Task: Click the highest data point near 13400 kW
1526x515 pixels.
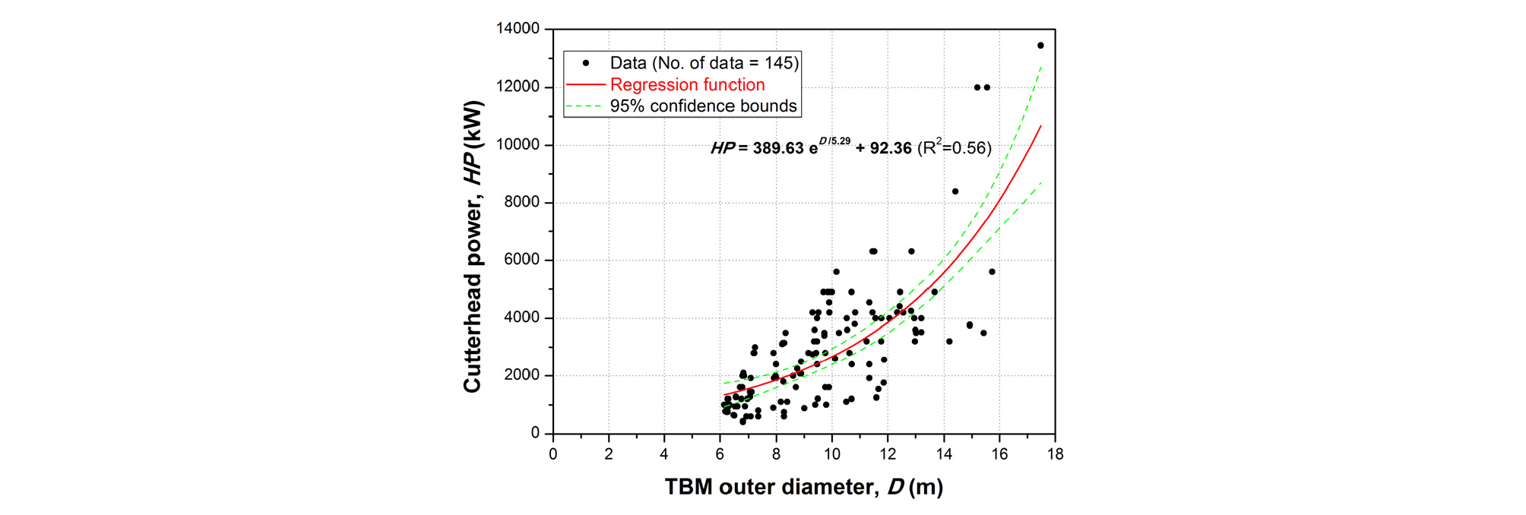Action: pos(1040,46)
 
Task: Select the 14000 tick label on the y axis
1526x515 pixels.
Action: pos(518,29)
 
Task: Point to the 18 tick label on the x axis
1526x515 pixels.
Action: pos(1055,454)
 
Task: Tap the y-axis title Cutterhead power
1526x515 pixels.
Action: pos(472,247)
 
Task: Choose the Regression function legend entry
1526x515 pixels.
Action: pos(687,84)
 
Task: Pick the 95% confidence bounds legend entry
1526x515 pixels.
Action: pos(703,106)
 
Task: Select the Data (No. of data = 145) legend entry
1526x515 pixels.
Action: pos(704,63)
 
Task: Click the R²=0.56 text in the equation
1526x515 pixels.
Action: pos(955,147)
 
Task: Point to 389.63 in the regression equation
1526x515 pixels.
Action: pos(777,148)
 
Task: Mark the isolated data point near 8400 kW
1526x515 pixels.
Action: pos(955,191)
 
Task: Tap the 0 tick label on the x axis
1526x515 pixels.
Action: pos(553,454)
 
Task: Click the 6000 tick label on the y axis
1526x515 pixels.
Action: pos(521,260)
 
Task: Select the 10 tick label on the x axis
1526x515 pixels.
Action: pos(831,454)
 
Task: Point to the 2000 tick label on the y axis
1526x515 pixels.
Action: pos(521,375)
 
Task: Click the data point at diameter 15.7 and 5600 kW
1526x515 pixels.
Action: pos(992,272)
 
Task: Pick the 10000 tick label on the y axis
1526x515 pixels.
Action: pos(518,144)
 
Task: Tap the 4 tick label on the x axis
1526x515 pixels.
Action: pos(664,454)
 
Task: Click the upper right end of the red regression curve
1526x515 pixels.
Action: pos(1040,126)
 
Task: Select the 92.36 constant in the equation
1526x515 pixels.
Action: pos(891,148)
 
